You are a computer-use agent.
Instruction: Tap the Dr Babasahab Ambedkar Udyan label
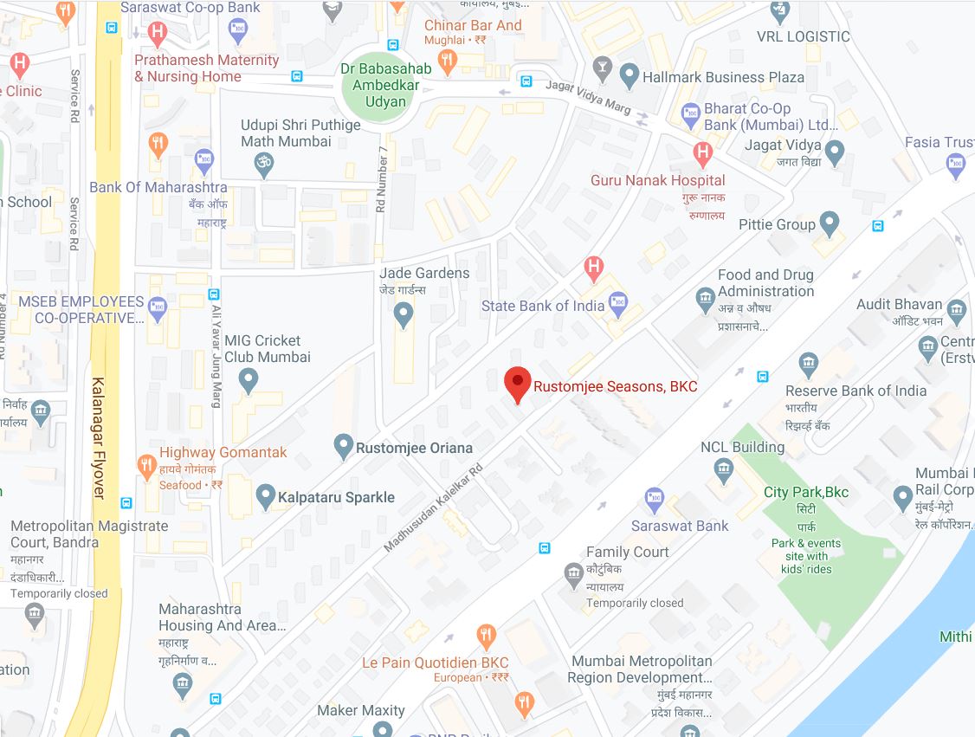point(373,85)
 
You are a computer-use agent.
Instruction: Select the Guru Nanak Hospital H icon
point(702,154)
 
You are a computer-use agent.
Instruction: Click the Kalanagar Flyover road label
point(99,437)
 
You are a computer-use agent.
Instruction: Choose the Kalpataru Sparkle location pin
point(267,495)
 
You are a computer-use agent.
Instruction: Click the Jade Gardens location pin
point(403,314)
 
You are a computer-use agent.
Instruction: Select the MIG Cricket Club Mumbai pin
point(248,379)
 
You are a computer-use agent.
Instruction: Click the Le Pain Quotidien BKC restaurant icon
point(487,637)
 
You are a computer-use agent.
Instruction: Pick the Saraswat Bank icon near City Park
point(655,499)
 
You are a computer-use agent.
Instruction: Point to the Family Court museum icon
point(572,573)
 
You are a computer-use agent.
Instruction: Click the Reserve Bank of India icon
point(808,363)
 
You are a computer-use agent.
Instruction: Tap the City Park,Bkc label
point(805,492)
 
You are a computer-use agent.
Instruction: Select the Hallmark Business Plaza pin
point(629,74)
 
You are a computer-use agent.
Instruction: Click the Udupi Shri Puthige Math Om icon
point(262,162)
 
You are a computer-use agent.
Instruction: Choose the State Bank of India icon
point(618,302)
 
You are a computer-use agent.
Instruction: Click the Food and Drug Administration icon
point(705,301)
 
